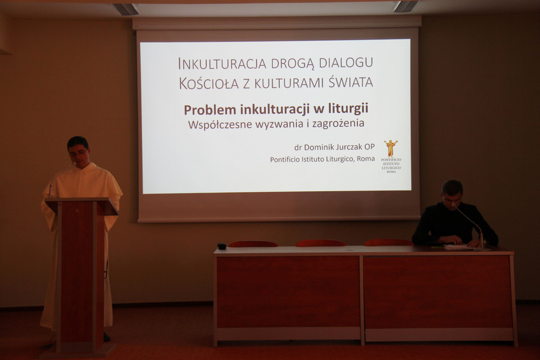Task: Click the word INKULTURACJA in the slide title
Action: [222, 63]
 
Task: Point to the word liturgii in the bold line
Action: [348, 108]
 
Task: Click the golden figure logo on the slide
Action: [391, 148]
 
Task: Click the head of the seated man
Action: [452, 193]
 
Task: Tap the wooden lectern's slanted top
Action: [82, 206]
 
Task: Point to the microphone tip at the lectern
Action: [73, 164]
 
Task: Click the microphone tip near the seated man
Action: [454, 205]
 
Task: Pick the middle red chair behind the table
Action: [320, 243]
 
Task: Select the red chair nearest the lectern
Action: [253, 244]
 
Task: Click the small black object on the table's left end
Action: [222, 246]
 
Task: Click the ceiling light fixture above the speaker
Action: [126, 9]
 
